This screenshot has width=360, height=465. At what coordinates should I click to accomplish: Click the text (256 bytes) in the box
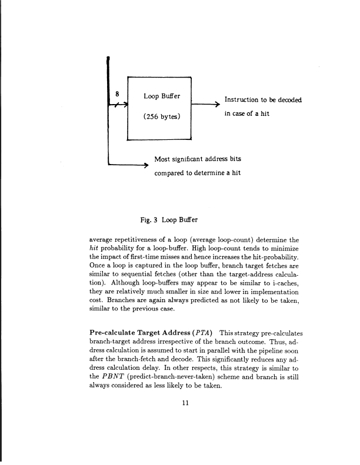pyautogui.click(x=162, y=116)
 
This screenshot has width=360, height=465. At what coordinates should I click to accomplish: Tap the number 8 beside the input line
pyautogui.click(x=117, y=93)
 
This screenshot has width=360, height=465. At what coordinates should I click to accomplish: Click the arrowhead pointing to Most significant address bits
pyautogui.click(x=144, y=165)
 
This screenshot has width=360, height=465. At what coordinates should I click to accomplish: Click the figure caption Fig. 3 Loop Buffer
pyautogui.click(x=168, y=220)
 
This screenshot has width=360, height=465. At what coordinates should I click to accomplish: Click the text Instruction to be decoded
pyautogui.click(x=263, y=100)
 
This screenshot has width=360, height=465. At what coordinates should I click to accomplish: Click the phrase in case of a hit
pyautogui.click(x=246, y=113)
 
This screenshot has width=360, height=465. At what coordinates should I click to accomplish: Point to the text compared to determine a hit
pyautogui.click(x=197, y=173)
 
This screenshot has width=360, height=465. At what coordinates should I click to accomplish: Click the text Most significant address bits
pyautogui.click(x=197, y=159)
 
